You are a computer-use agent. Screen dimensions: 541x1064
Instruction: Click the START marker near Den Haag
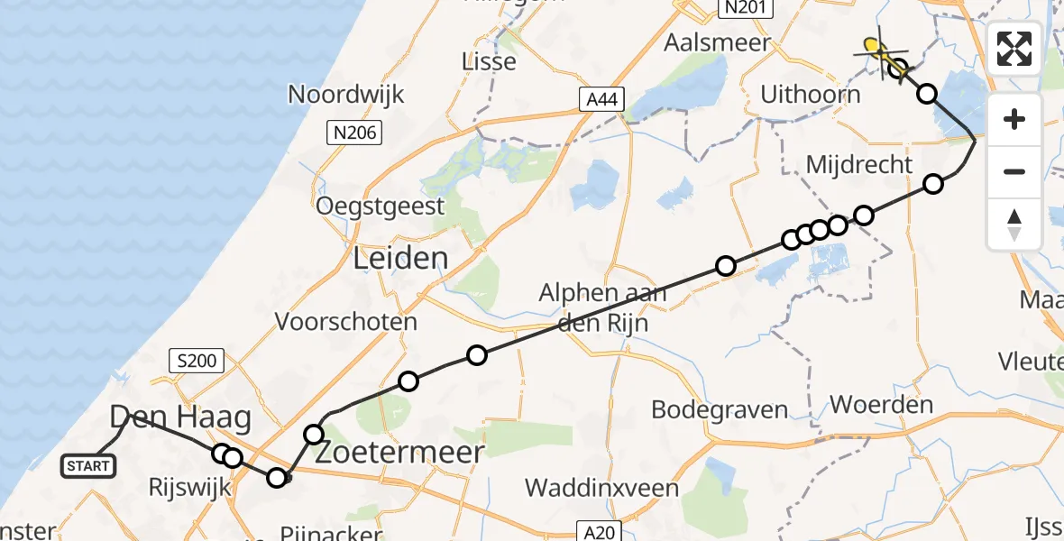tap(88, 466)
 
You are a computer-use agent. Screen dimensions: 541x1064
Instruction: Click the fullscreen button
tap(1014, 49)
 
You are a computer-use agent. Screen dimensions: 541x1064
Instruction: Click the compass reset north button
tap(1014, 224)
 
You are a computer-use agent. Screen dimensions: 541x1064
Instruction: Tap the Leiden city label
tap(400, 259)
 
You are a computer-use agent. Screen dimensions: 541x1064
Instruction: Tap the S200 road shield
tap(196, 362)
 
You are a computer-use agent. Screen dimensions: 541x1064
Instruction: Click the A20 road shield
tap(596, 532)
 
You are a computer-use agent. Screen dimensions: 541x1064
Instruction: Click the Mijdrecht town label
tap(859, 165)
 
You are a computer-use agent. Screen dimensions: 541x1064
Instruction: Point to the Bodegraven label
tap(720, 409)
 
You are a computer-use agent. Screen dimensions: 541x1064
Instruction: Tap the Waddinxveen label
tap(601, 488)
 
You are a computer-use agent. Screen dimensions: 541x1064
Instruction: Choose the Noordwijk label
tap(346, 94)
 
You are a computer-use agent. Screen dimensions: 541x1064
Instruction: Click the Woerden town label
tap(881, 404)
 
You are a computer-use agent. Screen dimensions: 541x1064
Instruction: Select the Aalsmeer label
tap(718, 42)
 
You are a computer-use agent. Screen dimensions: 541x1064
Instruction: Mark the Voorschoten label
tap(346, 322)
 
